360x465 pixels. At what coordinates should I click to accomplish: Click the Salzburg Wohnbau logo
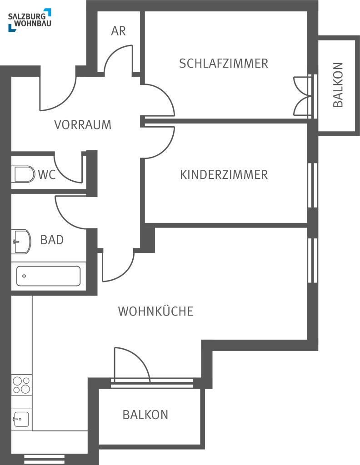tap(30, 20)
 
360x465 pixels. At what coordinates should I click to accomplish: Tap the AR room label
tap(119, 31)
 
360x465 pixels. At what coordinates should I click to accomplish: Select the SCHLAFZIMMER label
tap(224, 64)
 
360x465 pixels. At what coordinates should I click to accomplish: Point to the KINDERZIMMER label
tap(224, 174)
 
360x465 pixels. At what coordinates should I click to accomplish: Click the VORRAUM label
tap(83, 124)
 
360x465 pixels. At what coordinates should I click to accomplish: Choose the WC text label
tap(47, 175)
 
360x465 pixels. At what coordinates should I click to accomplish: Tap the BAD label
tap(52, 240)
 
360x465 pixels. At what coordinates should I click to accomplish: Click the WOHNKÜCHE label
tap(156, 311)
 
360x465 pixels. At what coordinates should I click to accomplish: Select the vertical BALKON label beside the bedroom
tap(338, 85)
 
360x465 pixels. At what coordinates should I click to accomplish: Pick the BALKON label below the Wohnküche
tap(145, 415)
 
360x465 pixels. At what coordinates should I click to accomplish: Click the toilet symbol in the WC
tap(23, 174)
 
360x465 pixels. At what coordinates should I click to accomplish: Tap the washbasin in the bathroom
tap(21, 242)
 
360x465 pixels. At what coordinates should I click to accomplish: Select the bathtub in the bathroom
tap(48, 276)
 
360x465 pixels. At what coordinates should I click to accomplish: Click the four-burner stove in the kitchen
tap(22, 385)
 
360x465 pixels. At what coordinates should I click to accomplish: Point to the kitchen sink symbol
tap(21, 419)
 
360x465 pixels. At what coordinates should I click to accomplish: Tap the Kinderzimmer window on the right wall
tap(312, 185)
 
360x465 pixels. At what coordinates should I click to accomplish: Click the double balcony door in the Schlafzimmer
tap(303, 96)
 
